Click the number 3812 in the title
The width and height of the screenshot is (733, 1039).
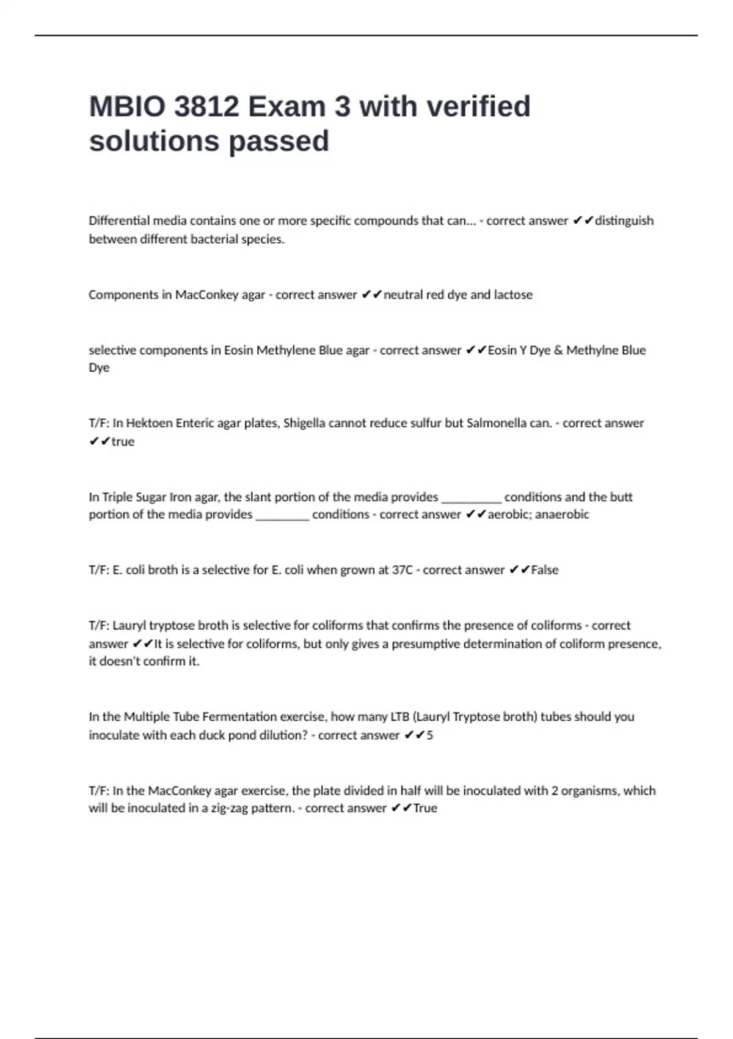(206, 107)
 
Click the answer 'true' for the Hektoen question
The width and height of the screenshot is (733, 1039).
(123, 441)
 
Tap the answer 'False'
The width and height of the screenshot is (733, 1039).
(545, 570)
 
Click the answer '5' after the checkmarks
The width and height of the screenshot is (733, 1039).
(429, 735)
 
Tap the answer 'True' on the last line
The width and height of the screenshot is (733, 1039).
(425, 808)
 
